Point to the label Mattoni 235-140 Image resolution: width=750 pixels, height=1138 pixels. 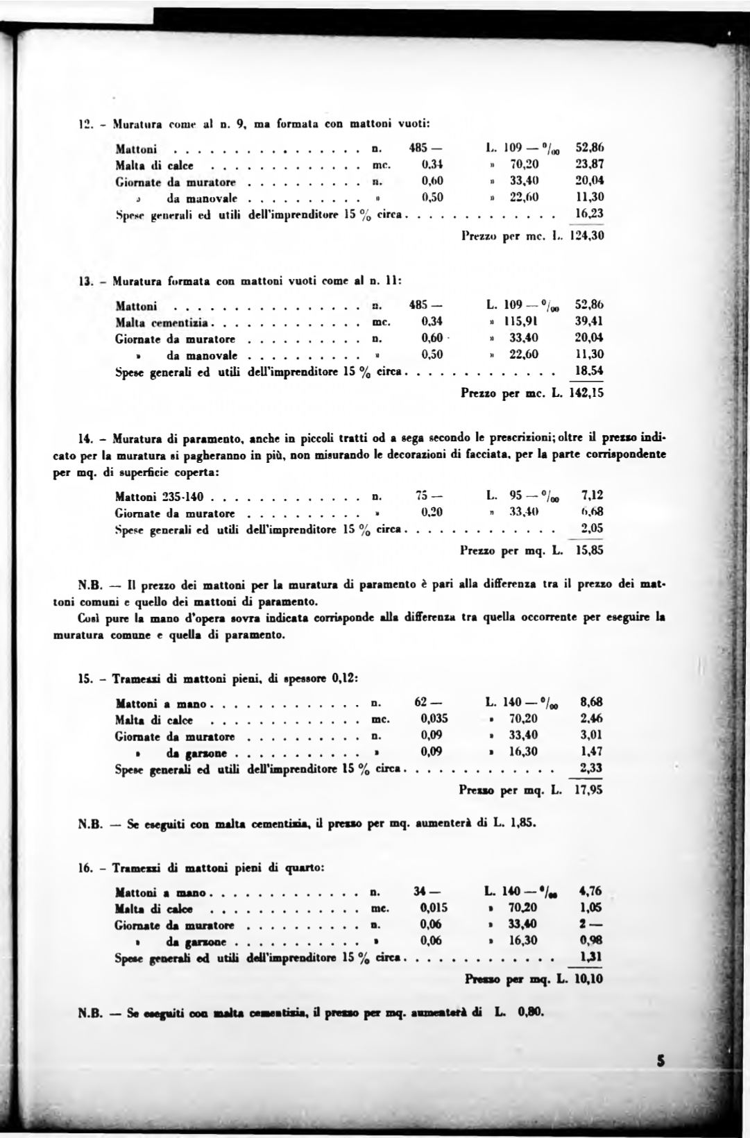pos(161,496)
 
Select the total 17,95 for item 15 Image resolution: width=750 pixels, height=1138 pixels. pos(587,790)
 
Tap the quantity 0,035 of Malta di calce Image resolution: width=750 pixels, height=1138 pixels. pos(434,719)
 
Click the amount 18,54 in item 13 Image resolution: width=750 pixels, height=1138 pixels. pos(589,371)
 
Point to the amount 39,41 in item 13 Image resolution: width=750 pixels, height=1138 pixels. pos(590,322)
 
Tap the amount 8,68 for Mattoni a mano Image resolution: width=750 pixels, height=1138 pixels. pos(591,702)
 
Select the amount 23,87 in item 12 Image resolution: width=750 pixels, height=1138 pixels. pos(590,165)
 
